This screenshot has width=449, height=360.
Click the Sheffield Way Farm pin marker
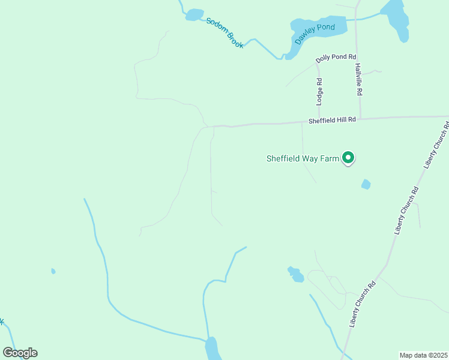click(348, 158)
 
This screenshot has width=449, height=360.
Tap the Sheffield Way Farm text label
click(302, 159)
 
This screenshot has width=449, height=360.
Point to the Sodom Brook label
click(224, 33)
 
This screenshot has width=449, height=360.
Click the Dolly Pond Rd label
click(332, 57)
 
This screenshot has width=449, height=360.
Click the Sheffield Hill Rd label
click(332, 120)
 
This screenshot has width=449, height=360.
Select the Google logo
click(20, 353)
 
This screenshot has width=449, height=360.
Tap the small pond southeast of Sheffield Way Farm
click(366, 184)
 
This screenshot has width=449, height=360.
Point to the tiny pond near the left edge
click(53, 271)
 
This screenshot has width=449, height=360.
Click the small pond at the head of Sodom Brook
click(193, 15)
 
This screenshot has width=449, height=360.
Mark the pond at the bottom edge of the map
click(212, 349)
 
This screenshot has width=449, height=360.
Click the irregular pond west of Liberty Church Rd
click(295, 274)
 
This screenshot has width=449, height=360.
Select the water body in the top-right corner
click(397, 18)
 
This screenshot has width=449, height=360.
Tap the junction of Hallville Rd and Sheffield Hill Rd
click(360, 118)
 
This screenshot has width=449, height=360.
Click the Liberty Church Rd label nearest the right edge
click(437, 145)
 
